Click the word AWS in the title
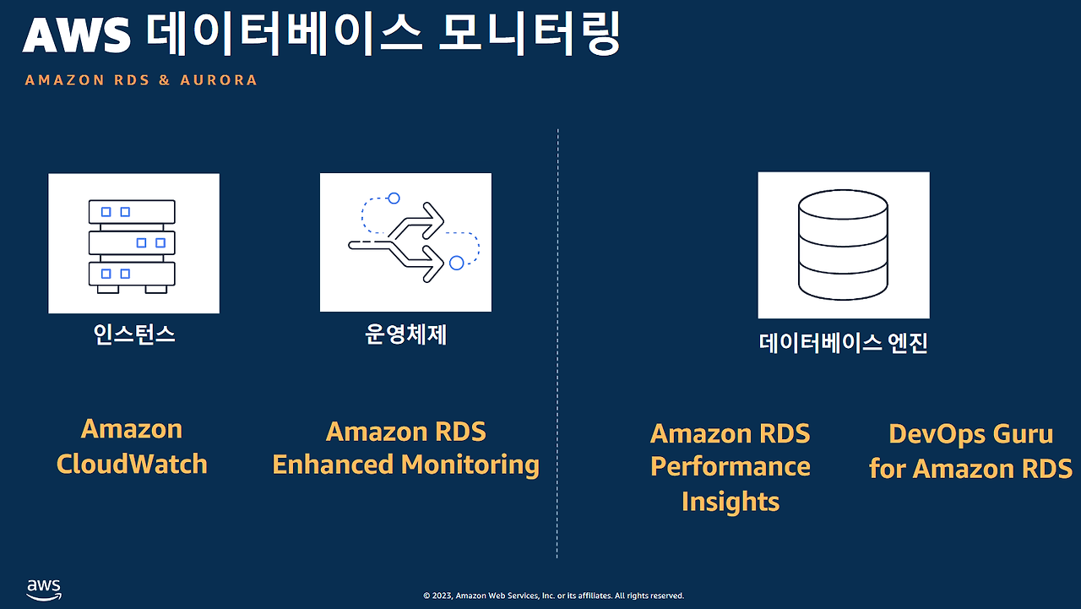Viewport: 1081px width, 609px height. (76, 35)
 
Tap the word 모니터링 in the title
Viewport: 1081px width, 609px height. (530, 34)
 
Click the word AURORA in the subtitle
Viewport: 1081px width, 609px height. (219, 80)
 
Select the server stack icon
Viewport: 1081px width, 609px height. (132, 246)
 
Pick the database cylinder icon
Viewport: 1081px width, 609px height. (843, 245)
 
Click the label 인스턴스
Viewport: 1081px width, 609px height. (133, 334)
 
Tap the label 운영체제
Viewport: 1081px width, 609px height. (406, 334)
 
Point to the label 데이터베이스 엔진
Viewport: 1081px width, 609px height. (843, 343)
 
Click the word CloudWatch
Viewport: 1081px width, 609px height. (132, 464)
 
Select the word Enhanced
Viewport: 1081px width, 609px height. (333, 465)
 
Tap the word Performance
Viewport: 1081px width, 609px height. (731, 466)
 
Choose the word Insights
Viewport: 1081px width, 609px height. (731, 502)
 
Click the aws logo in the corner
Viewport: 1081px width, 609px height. (44, 590)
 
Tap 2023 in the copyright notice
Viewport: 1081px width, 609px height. (442, 595)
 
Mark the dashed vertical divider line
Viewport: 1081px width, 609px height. (557, 344)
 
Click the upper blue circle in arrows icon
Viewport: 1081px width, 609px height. (394, 198)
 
